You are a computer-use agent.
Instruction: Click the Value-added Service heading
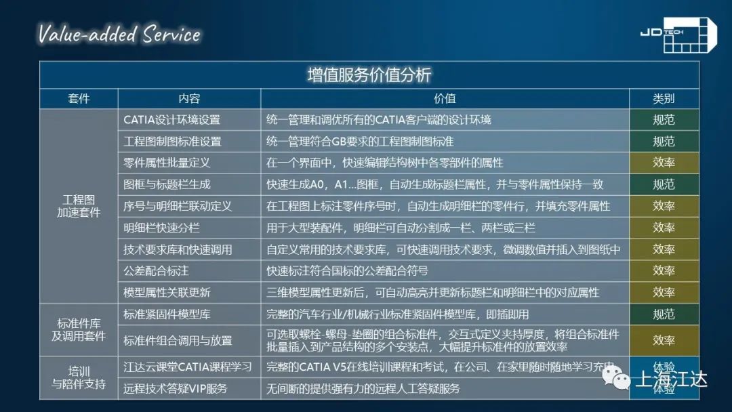click(119, 35)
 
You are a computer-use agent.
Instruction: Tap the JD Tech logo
click(678, 35)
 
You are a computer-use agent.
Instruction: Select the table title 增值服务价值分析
click(369, 75)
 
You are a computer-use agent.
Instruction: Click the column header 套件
click(79, 98)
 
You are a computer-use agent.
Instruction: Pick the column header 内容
click(189, 98)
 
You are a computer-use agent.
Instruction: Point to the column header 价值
click(445, 98)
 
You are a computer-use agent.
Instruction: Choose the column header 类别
click(664, 98)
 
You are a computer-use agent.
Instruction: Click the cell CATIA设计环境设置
click(171, 120)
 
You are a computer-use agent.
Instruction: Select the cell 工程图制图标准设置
click(172, 142)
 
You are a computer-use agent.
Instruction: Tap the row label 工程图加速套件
click(79, 206)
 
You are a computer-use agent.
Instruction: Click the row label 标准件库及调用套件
click(79, 329)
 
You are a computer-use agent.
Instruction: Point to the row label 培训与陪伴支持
click(79, 377)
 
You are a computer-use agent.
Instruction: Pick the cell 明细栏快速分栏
click(161, 228)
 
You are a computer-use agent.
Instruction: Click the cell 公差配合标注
click(156, 270)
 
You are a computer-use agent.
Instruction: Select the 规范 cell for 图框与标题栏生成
click(664, 184)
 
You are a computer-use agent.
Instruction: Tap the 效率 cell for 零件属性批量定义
click(664, 163)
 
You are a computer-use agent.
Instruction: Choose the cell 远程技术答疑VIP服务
click(175, 388)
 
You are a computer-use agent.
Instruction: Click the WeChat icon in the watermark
click(616, 377)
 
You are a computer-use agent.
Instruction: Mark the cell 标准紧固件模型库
click(167, 314)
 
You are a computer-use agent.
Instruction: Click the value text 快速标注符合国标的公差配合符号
click(347, 270)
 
